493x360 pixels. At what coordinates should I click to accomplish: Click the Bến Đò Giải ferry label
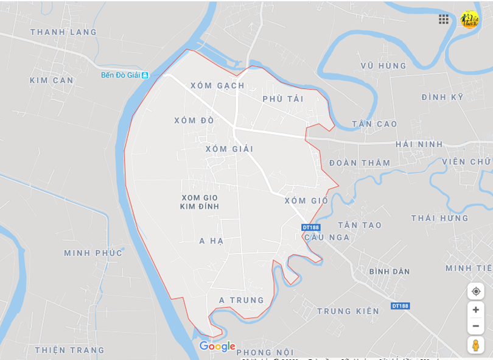pos(121,75)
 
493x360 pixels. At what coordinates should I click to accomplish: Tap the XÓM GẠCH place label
pos(217,85)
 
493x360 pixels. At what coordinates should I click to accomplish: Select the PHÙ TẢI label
pos(283,99)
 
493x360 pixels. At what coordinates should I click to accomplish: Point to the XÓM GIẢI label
pos(229,149)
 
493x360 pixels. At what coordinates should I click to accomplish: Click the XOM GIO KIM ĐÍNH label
pos(200,202)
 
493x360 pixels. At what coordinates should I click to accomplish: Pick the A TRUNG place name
pos(242,300)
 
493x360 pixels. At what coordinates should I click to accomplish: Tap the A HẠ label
pos(212,241)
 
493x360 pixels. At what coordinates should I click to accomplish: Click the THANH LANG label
pos(63,32)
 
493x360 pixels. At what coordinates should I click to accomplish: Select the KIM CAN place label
pos(52,80)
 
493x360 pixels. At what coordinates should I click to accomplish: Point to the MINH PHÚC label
pos(93,253)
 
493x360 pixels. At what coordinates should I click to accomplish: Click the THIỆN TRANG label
pos(69,350)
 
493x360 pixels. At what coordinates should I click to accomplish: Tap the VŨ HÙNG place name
pos(383,65)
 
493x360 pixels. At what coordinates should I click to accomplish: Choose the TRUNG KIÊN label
pos(348,311)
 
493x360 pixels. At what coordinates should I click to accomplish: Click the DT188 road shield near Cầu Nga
pos(310,227)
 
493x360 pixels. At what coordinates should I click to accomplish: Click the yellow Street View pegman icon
pos(476,345)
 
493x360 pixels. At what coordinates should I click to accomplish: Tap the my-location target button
pos(476,291)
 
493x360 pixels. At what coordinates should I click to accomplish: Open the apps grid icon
pos(444,19)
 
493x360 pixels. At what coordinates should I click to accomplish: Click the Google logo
pos(217,346)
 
